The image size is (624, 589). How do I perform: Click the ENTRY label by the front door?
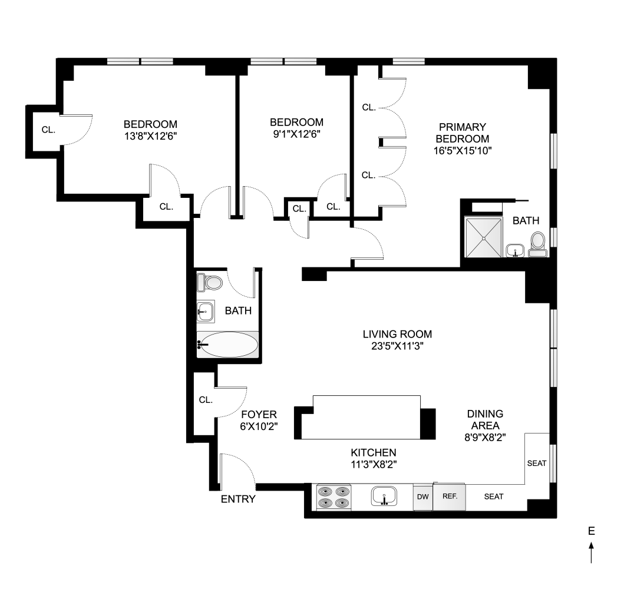coord(238,499)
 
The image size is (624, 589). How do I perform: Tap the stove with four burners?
coord(334,496)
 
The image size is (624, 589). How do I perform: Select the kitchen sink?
coord(384,496)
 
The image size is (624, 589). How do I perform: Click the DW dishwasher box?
coord(422,497)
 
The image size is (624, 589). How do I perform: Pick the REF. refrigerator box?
coord(450,496)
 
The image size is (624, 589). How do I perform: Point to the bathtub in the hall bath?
coord(227,345)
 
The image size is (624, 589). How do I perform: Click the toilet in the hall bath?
coord(210,283)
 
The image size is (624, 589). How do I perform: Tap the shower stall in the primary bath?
coord(484,237)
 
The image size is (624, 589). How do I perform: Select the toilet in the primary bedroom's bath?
coord(537,243)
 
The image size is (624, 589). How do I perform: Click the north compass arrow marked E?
coord(591,553)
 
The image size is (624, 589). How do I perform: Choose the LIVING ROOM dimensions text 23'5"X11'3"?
coord(394,346)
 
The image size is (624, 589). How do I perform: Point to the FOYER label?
coord(255,414)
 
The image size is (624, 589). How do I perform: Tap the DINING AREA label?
coord(485,419)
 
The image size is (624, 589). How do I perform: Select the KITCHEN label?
coord(374,452)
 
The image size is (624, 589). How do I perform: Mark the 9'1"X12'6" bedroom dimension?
coord(296,134)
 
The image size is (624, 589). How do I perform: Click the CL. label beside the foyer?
coord(206,400)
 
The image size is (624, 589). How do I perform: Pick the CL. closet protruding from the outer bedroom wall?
coord(48,129)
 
